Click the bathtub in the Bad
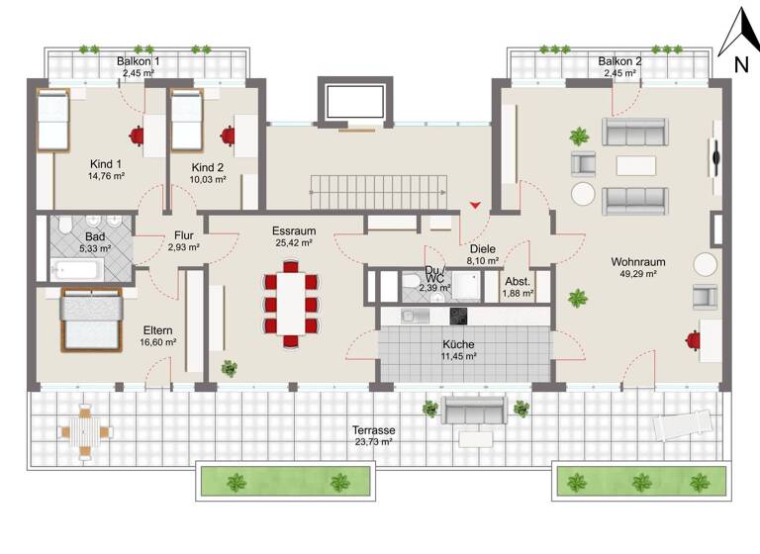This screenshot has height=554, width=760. tap(70, 265)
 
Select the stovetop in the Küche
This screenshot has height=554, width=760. tap(459, 316)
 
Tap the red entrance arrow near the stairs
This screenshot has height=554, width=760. tap(476, 205)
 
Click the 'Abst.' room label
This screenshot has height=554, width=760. tap(518, 280)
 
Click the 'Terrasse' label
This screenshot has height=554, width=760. tap(375, 431)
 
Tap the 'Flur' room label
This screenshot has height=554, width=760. tap(183, 235)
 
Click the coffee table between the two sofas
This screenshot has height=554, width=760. tap(635, 164)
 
